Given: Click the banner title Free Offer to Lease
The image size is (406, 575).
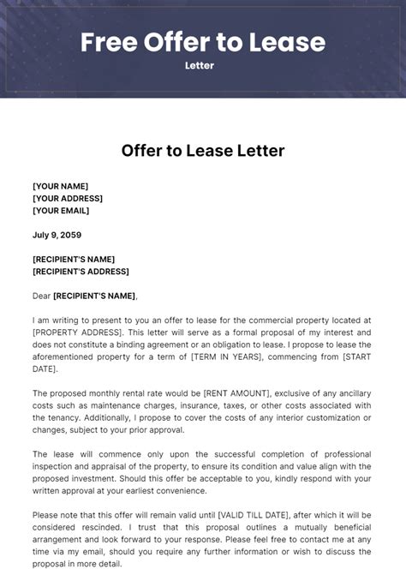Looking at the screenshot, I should click(x=203, y=42).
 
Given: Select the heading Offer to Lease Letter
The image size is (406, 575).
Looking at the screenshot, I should click(x=203, y=152).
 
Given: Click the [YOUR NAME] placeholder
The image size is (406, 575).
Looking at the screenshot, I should click(x=60, y=186).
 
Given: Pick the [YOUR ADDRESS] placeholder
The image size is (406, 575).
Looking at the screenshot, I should click(x=68, y=198).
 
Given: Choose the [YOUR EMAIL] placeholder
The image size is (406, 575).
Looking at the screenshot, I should click(x=61, y=210).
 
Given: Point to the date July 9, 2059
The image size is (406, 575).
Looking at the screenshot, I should click(x=57, y=235).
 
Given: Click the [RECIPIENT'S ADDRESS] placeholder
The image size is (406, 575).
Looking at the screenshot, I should click(x=81, y=271).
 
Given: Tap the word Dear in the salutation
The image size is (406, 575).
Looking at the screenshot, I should click(x=42, y=296).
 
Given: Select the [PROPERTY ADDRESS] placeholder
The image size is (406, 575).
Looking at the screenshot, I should click(x=74, y=332).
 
